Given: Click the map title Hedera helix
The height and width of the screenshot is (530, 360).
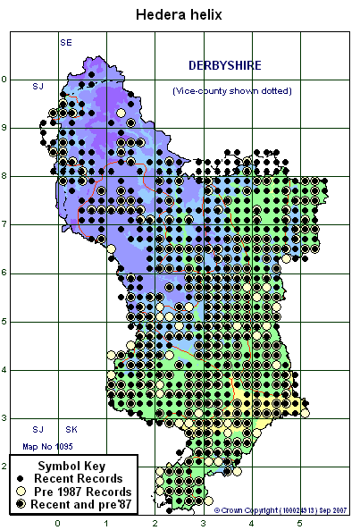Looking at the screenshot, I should tap(179, 15).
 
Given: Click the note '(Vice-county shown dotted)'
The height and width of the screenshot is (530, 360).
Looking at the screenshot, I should tap(231, 91).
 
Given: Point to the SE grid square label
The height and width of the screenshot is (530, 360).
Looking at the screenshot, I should tap(65, 42).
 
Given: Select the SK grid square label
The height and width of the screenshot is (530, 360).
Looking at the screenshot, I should tap(71, 430).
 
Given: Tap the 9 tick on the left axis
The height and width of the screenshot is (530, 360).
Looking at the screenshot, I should tap(4, 128).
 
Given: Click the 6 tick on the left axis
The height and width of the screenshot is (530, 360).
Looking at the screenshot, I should tap(4, 273).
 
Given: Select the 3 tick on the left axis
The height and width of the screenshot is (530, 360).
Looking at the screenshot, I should tap(4, 418).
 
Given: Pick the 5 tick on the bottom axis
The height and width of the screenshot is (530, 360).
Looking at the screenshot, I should tap(299, 522).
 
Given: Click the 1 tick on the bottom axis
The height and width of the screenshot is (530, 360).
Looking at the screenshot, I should tap(106, 522).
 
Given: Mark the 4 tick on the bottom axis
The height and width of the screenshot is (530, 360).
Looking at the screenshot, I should tap(251, 522).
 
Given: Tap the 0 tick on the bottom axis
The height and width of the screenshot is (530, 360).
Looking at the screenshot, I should tap(58, 522).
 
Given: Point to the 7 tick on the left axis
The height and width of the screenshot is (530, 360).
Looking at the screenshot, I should tap(4, 224).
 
